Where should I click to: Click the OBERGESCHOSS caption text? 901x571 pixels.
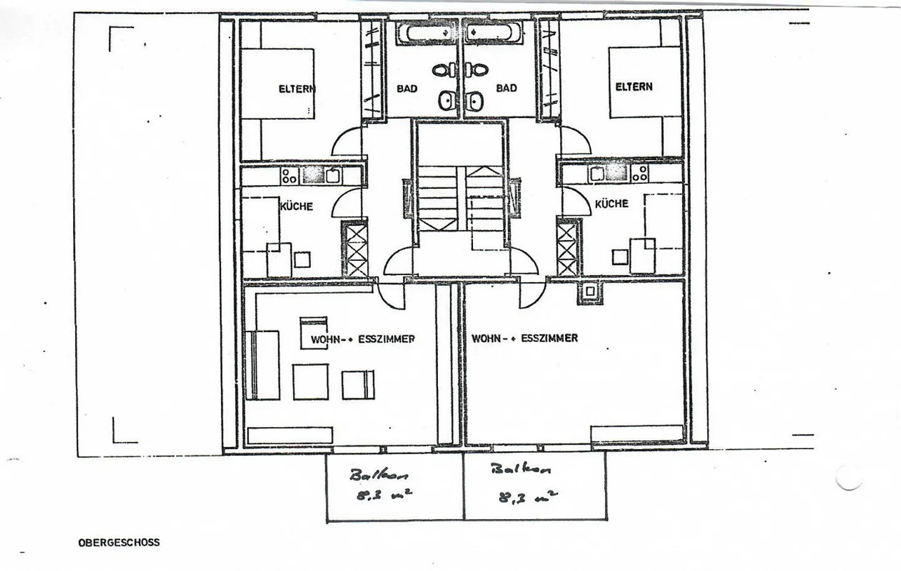pyautogui.click(x=119, y=542)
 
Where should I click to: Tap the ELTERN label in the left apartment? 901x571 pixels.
pyautogui.click(x=297, y=89)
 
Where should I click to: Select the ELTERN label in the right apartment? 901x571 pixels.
pyautogui.click(x=634, y=86)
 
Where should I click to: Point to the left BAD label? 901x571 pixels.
pyautogui.click(x=407, y=88)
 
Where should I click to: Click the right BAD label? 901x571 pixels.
pyautogui.click(x=506, y=88)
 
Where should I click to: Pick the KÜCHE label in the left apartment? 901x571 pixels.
pyautogui.click(x=297, y=206)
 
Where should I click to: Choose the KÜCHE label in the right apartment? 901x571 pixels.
pyautogui.click(x=611, y=203)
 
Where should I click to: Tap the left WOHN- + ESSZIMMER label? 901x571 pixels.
pyautogui.click(x=363, y=339)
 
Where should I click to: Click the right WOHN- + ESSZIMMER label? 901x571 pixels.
pyautogui.click(x=524, y=338)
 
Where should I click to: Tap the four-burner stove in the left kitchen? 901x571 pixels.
pyautogui.click(x=289, y=175)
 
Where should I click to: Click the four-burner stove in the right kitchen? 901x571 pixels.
pyautogui.click(x=639, y=173)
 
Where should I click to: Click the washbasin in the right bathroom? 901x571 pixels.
pyautogui.click(x=475, y=100)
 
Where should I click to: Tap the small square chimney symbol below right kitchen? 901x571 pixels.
pyautogui.click(x=589, y=291)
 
